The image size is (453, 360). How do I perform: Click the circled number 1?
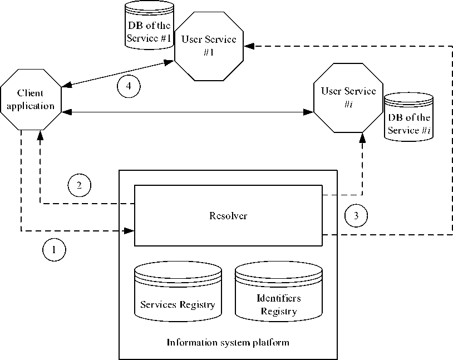tap(54, 250)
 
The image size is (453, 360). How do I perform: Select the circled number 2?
tap(79, 185)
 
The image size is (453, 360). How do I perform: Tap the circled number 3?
tap(356, 215)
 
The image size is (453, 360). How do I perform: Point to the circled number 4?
tap(129, 86)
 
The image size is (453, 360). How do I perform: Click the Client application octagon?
tap(30, 99)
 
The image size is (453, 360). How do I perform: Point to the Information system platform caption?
tap(228, 342)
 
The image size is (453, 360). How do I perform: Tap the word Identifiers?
tap(279, 299)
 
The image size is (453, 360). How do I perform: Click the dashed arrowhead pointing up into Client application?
tap(40, 135)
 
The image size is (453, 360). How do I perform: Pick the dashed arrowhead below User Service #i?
tap(362, 136)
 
